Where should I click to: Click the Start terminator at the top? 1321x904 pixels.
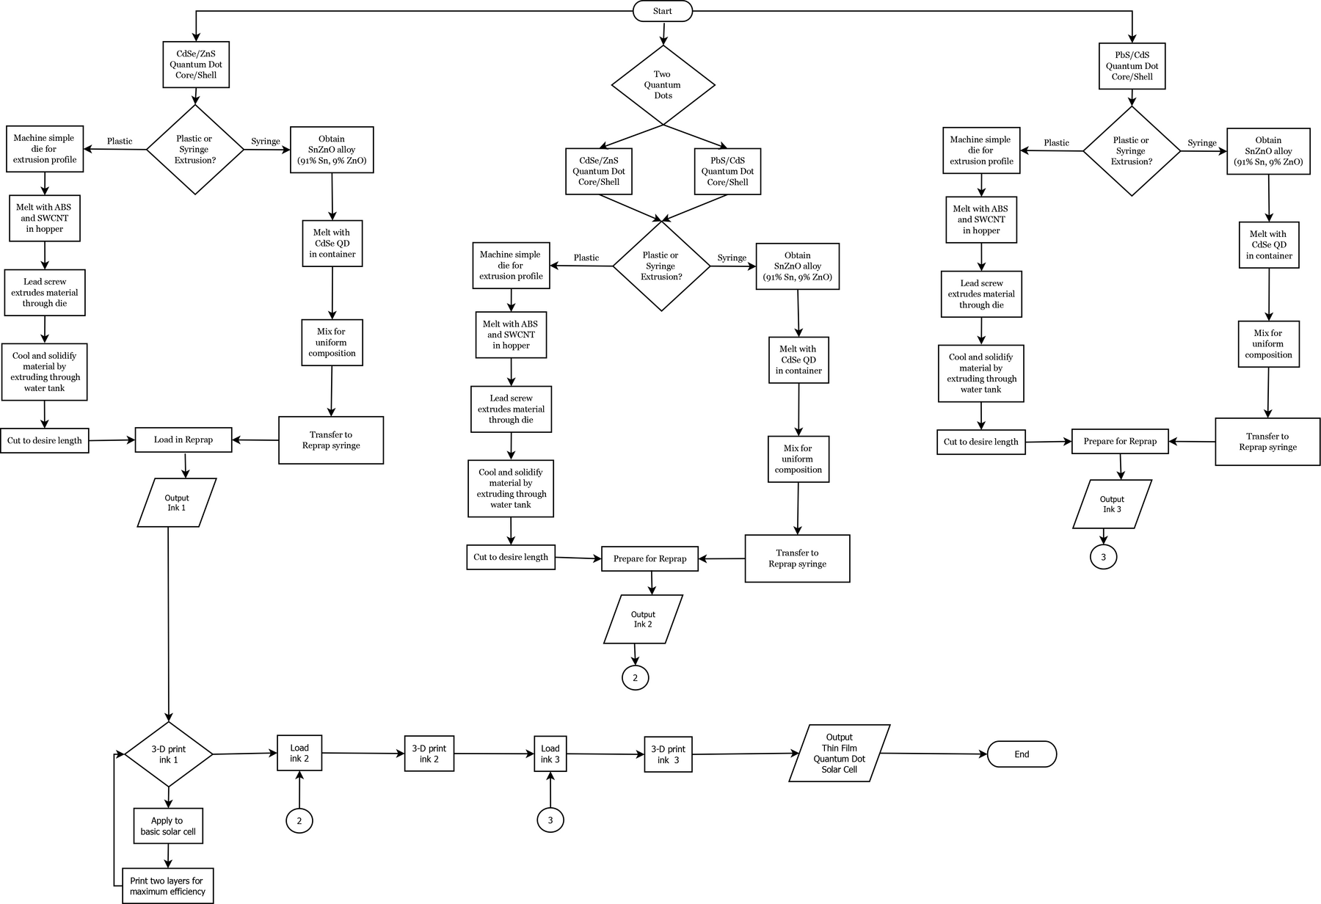click(x=662, y=11)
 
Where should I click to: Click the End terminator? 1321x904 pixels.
click(x=1022, y=754)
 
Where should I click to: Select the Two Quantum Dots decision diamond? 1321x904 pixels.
click(x=663, y=85)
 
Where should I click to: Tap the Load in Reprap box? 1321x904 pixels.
click(x=183, y=440)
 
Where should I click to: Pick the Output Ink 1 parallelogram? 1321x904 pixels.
click(x=177, y=503)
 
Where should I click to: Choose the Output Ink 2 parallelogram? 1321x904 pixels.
click(x=643, y=619)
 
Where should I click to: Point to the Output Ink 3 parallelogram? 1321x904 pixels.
click(x=1112, y=504)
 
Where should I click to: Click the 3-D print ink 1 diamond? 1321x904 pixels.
click(x=169, y=754)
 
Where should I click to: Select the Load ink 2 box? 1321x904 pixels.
click(x=299, y=753)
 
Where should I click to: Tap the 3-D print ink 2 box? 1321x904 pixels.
click(x=429, y=754)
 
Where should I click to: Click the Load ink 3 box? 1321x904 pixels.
click(x=550, y=754)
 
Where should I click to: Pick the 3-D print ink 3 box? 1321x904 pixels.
click(x=669, y=754)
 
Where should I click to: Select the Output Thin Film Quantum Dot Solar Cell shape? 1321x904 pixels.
click(x=840, y=754)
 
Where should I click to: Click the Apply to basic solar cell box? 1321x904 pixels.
click(x=168, y=826)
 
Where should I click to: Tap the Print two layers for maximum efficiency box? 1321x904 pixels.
click(x=168, y=886)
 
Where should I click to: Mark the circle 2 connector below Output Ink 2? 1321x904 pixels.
click(x=636, y=678)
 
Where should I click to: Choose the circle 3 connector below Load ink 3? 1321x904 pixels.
click(x=550, y=820)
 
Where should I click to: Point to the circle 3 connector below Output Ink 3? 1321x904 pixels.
click(x=1103, y=557)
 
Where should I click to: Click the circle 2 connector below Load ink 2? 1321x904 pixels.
click(x=299, y=820)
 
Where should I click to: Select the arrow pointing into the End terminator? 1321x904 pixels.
click(x=939, y=754)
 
